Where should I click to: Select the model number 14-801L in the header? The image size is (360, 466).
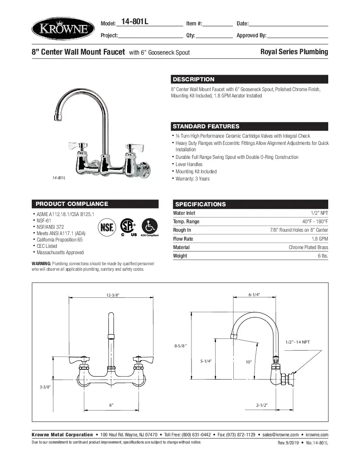[x=135, y=22]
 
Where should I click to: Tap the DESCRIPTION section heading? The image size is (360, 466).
[x=193, y=79]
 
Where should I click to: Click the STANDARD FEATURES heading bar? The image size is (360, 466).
[x=206, y=126]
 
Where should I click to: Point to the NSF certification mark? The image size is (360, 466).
[x=107, y=227]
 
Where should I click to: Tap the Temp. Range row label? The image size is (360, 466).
[x=186, y=222]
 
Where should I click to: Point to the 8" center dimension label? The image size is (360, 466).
[x=111, y=405]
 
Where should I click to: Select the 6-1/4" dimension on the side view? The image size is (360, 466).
[x=254, y=294]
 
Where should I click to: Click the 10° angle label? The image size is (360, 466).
[x=249, y=362]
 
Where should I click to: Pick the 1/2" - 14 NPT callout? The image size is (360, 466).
[x=298, y=342]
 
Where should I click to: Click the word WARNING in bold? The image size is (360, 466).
[x=41, y=264]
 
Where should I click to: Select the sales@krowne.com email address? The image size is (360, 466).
[x=280, y=435]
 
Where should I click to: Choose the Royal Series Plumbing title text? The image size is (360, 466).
[x=294, y=52]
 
